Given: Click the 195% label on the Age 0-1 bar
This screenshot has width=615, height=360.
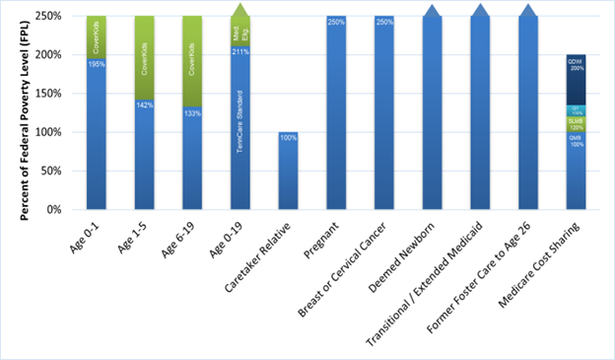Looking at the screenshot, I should [97, 64].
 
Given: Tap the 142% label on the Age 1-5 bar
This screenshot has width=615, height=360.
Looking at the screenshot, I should [145, 105].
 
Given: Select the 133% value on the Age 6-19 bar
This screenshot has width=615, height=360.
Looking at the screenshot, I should [193, 112].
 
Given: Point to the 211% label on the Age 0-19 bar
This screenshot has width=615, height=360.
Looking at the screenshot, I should [241, 52].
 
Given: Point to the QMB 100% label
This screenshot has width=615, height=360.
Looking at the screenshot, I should [577, 141].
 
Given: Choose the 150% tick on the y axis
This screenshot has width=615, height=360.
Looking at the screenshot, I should [57, 94].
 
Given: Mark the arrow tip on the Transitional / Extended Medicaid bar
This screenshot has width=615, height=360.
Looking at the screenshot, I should [481, 10].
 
